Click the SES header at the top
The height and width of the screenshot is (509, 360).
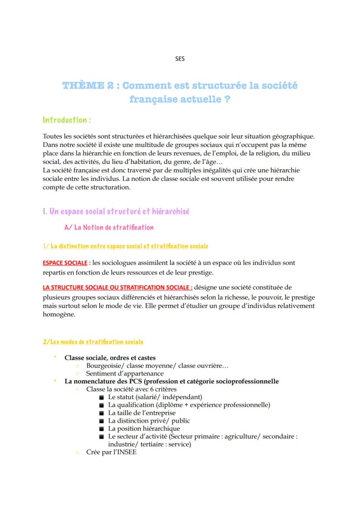coord(180,59)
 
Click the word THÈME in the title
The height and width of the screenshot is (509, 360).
coord(83,85)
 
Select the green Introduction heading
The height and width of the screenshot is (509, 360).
coord(67,120)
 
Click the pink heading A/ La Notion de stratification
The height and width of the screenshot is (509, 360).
coord(109,227)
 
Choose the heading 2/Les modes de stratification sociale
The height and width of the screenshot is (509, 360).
coord(93,342)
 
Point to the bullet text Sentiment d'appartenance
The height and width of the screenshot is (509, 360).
coord(125,373)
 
